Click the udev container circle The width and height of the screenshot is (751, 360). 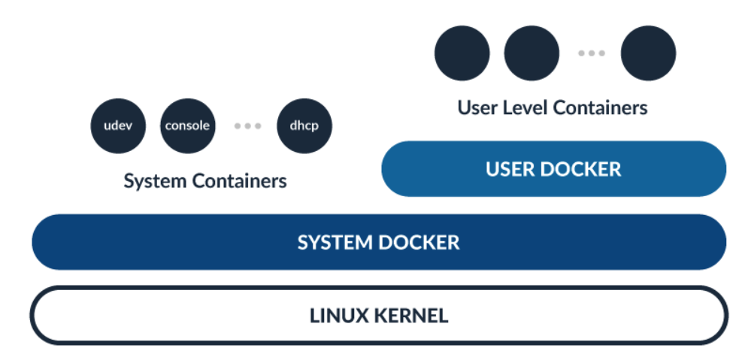(118, 126)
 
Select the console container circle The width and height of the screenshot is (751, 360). (187, 126)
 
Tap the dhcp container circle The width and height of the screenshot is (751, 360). (304, 126)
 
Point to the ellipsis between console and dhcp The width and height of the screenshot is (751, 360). (247, 126)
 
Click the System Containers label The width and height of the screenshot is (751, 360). (204, 181)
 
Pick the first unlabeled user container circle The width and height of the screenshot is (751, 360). (462, 53)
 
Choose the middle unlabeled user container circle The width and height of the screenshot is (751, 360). (531, 53)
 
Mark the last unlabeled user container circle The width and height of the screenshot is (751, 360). (648, 53)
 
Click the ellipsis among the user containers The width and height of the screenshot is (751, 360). (592, 53)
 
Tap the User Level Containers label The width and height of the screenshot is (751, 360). (553, 107)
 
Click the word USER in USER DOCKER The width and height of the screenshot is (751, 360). (511, 168)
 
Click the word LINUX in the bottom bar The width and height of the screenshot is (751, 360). (337, 316)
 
